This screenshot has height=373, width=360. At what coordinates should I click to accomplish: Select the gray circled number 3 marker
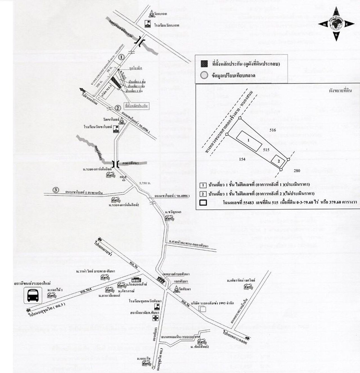pos(56,190)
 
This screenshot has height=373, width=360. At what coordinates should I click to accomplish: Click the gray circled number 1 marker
pos(121,57)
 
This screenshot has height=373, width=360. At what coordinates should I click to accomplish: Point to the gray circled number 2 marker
pos(118,108)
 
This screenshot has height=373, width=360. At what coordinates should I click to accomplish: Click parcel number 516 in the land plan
pos(273,130)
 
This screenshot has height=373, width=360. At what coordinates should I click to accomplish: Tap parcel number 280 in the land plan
pos(297,171)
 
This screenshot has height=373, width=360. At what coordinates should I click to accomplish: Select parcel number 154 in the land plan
pos(242,159)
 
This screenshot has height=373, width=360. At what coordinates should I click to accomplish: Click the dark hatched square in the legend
pos(204,64)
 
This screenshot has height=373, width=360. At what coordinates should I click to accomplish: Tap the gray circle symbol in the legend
pos(204,75)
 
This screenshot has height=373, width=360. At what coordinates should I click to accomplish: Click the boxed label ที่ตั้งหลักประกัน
pos(137,106)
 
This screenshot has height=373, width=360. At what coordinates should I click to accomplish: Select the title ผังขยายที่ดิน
pos(340,91)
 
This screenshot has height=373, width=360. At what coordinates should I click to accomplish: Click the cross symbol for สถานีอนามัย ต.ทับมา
pos(155,318)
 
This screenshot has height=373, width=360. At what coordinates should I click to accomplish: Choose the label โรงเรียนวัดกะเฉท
pos(166,25)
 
